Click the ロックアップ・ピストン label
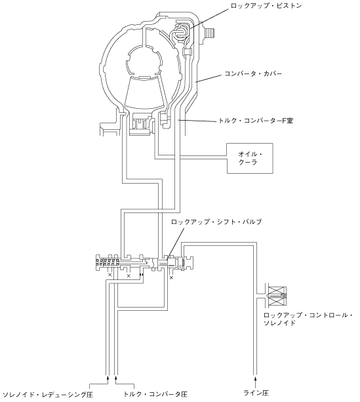pos(266,5)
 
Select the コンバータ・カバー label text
pos(253,74)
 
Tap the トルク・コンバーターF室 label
pos(256,120)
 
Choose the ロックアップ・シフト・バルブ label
pos(216,222)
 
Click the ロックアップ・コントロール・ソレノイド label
pos(308,319)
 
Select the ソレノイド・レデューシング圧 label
pos(47,394)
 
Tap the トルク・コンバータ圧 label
pos(155,394)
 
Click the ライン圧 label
pos(256,393)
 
